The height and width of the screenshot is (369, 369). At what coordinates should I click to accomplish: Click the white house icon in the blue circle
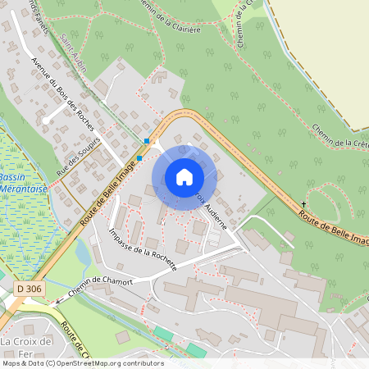tap(184, 176)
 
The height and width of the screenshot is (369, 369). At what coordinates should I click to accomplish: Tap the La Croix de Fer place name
tap(25, 347)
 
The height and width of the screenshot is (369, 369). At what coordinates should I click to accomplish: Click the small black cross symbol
tap(303, 203)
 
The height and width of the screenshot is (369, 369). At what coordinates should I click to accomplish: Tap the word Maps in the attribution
tap(11, 363)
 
